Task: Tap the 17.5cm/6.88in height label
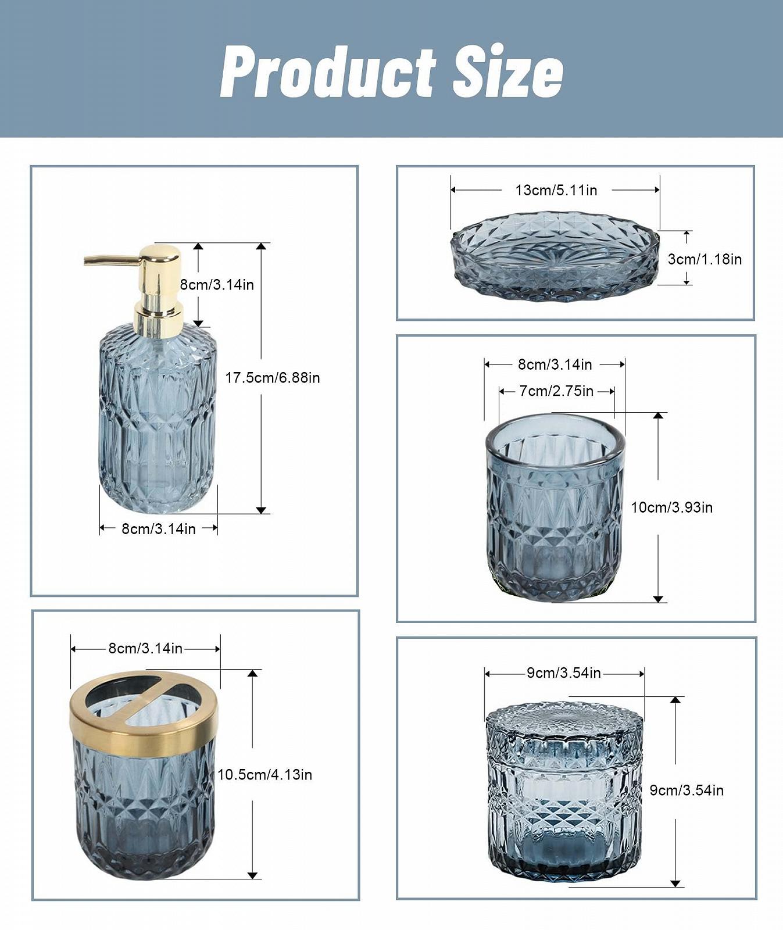273,378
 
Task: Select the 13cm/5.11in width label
556,190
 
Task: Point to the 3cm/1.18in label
705,259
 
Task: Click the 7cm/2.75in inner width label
556,391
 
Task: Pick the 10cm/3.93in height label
672,507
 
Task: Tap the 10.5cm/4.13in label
265,775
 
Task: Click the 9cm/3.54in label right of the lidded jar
687,791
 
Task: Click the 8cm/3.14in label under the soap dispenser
159,529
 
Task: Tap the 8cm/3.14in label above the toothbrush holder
145,649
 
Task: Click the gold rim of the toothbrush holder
144,713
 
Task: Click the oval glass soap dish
556,256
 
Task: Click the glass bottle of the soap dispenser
158,419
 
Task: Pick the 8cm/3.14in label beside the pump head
217,285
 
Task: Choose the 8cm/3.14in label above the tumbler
555,364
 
